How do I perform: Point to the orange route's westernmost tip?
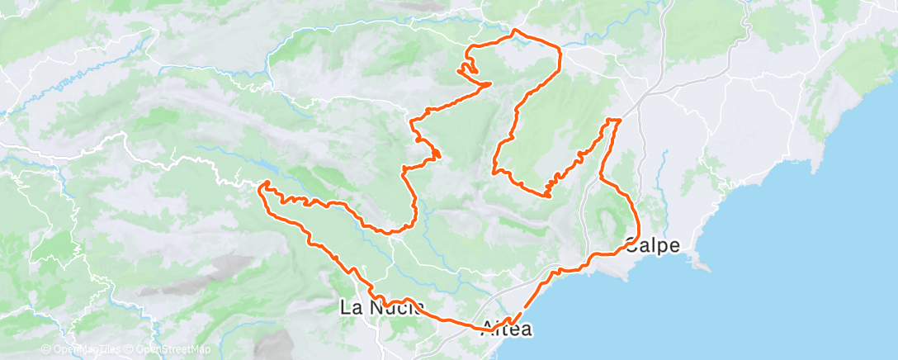261,189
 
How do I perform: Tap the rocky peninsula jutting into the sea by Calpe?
701,264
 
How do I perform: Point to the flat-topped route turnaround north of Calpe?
613,120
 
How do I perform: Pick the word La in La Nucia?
350,308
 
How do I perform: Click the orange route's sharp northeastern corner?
561,51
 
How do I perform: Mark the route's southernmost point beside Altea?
508,324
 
